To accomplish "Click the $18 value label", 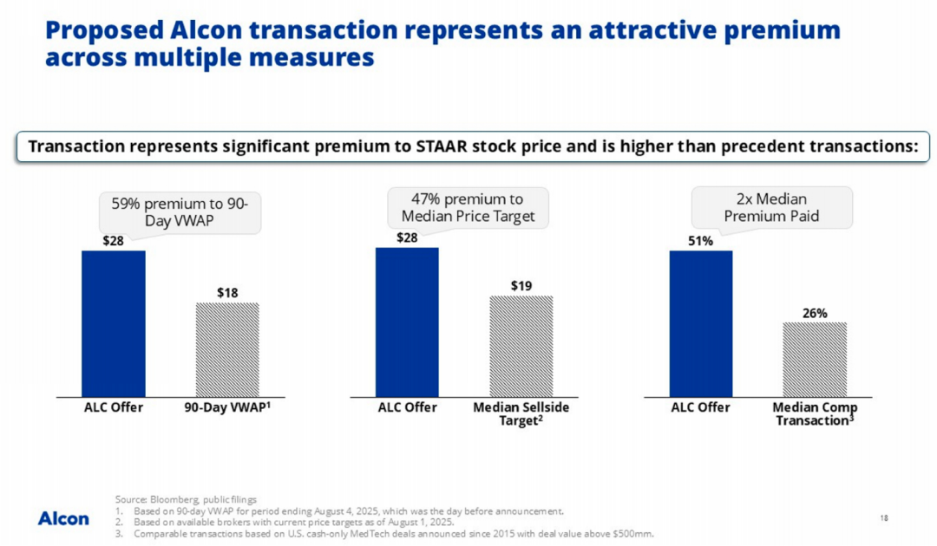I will tap(227, 293).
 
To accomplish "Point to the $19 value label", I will tap(521, 286).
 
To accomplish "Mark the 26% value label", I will tap(815, 313).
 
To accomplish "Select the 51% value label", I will tap(701, 241).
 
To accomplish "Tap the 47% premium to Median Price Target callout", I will tap(468, 207).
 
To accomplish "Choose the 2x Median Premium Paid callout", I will tap(771, 207).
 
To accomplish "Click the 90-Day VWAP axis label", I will tap(227, 407).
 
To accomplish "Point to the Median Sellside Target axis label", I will tap(521, 413).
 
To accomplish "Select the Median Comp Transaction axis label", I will tap(815, 413).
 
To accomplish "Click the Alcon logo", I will tap(63, 518).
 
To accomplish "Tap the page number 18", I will tap(884, 517).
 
